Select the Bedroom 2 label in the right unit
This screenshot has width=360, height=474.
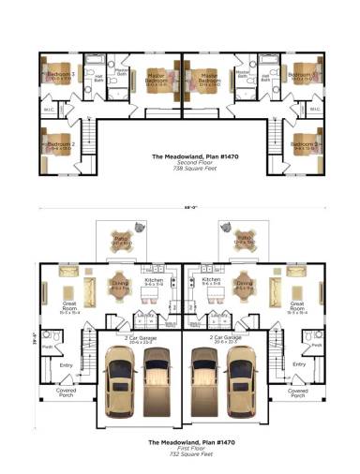[304, 143]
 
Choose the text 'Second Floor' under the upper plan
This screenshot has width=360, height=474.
[180, 162]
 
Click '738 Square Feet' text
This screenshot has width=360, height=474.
[180, 169]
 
